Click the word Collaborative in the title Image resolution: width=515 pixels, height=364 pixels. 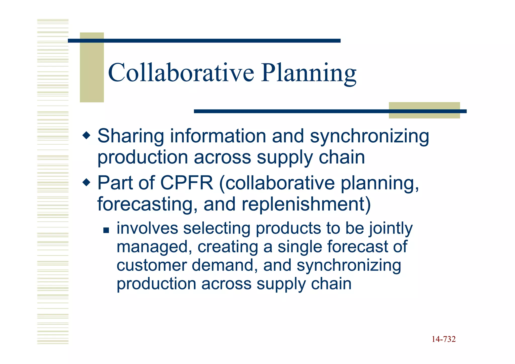tap(181, 73)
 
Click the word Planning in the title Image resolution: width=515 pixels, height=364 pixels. tap(309, 73)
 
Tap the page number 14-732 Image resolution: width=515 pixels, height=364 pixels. tap(444, 339)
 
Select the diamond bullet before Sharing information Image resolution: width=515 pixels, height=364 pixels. tap(86, 136)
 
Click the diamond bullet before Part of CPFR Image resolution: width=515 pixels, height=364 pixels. tap(86, 182)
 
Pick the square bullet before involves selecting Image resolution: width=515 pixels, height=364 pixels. tap(106, 230)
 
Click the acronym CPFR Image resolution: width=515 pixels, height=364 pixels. tap(187, 183)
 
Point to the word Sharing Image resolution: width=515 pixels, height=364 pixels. tap(131, 137)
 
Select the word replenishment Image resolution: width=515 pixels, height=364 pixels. tap(306, 204)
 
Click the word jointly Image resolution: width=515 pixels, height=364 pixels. tap(391, 229)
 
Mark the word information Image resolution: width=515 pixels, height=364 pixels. tap(218, 136)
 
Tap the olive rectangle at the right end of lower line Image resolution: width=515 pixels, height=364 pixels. tap(424, 110)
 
